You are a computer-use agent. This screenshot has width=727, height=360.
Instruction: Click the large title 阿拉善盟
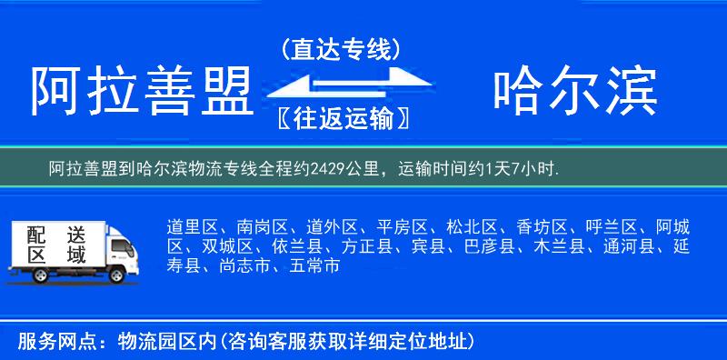click(x=141, y=92)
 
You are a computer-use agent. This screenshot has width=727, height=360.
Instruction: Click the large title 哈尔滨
click(x=574, y=91)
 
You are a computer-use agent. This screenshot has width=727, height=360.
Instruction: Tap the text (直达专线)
click(x=341, y=49)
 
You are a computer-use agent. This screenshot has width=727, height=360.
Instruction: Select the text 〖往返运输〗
click(x=341, y=119)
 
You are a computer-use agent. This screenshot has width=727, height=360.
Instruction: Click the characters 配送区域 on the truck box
click(x=55, y=244)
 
